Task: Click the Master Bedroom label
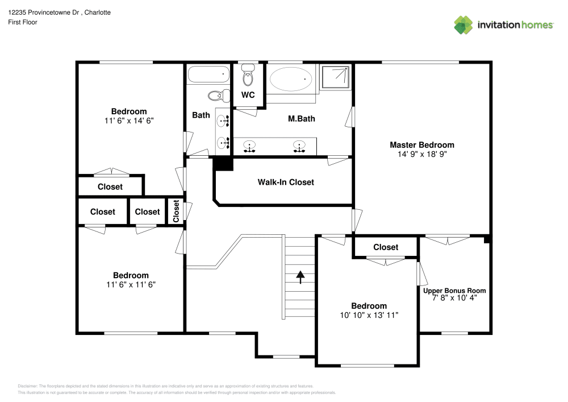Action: (x=421, y=145)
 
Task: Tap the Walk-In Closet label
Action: (x=286, y=183)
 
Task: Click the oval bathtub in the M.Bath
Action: (x=291, y=79)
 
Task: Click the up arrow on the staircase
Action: (x=300, y=277)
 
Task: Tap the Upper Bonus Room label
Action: (x=454, y=291)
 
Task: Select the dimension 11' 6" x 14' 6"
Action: (x=129, y=121)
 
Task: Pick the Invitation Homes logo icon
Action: (x=463, y=24)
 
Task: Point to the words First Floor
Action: (x=23, y=22)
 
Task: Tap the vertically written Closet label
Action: (x=176, y=211)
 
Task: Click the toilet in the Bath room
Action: (x=217, y=96)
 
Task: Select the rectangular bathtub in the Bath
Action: (x=208, y=74)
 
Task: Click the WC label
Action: (x=248, y=95)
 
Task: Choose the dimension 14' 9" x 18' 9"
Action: (x=421, y=154)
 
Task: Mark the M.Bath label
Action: (x=301, y=119)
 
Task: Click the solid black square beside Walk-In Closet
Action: (x=223, y=163)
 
